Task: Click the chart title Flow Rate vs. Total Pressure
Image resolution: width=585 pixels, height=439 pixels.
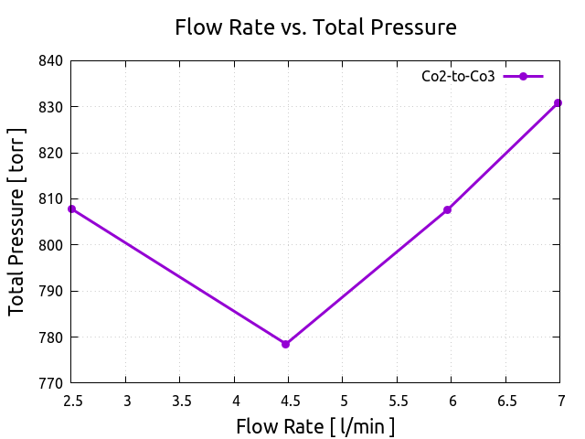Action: point(315,27)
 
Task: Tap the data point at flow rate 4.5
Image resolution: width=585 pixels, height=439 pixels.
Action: point(286,344)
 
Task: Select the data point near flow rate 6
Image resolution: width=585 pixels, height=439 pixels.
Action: point(448,210)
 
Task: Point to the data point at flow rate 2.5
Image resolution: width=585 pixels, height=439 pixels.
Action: point(72,209)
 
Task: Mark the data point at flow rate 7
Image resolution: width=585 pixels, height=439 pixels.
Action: point(558,103)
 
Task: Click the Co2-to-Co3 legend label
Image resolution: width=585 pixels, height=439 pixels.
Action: point(458,77)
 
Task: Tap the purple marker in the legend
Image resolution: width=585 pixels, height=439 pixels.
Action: point(524,77)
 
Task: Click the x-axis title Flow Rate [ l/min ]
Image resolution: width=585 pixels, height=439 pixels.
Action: point(315,426)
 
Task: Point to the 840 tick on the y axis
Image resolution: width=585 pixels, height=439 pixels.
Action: point(50,61)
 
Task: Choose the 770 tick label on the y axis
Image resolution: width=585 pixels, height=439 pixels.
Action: point(50,383)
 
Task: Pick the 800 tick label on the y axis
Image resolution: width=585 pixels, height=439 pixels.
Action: point(50,245)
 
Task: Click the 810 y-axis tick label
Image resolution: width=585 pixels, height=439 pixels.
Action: point(50,199)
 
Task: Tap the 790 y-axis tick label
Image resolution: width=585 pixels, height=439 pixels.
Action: point(50,292)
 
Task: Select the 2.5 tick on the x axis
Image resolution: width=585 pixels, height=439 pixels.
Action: point(72,400)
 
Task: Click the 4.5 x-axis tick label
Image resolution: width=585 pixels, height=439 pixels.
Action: point(289,400)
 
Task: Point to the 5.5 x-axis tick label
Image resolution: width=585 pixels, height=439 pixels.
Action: point(398,400)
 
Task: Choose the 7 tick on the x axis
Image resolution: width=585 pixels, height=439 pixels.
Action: point(560,400)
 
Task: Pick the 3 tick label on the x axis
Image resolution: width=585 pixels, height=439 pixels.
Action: point(126,400)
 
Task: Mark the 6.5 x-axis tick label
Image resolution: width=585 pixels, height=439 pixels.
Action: point(506,400)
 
